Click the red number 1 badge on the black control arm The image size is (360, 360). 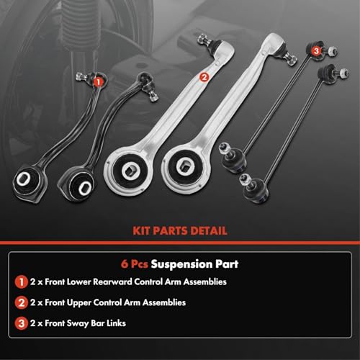click(98, 82)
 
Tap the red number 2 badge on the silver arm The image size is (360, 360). click(204, 77)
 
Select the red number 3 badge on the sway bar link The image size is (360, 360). click(317, 51)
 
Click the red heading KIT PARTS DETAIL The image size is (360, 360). click(180, 231)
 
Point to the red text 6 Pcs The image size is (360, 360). click(135, 264)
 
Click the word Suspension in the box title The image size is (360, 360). click(181, 264)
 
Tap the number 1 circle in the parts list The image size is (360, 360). click(22, 282)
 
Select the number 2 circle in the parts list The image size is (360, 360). click(22, 302)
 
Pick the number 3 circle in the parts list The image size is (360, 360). click(22, 323)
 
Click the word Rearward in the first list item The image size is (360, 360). click(112, 282)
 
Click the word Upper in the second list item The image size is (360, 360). click(78, 303)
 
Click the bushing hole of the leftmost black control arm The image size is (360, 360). click(24, 179)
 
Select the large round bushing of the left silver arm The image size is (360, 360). click(130, 169)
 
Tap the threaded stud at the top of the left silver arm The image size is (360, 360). click(204, 40)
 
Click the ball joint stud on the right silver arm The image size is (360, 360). click(292, 59)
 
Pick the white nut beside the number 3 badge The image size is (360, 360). click(332, 51)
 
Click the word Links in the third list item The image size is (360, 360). click(116, 323)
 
